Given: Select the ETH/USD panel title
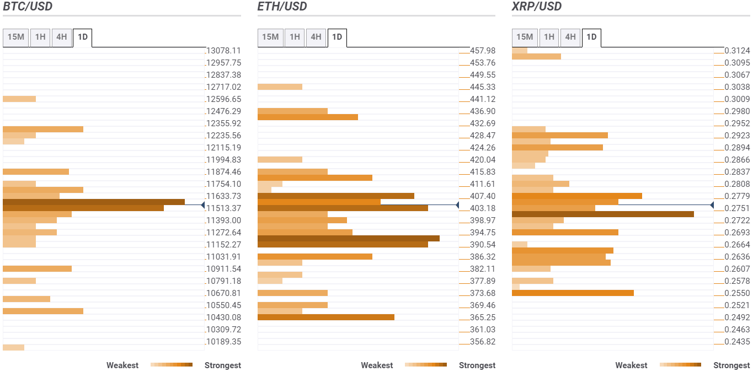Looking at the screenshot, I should [282, 7].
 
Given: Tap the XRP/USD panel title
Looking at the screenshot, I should [537, 7].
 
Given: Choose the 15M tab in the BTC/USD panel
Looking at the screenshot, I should [15, 37].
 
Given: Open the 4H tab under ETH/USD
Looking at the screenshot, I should [316, 37].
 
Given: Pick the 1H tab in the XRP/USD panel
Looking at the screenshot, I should [549, 37].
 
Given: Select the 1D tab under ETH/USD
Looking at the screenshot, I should [337, 37].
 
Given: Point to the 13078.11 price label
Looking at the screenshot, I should [223, 51].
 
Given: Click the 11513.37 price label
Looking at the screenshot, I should [223, 208].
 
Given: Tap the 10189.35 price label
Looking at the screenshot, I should [223, 342].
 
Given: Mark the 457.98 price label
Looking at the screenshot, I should [482, 51].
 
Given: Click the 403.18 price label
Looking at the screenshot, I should [482, 208].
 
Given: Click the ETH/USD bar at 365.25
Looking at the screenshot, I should [325, 317].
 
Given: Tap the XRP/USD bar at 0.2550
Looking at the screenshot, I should [573, 293].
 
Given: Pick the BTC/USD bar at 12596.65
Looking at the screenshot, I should [19, 99].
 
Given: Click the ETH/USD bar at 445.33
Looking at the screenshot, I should [280, 87].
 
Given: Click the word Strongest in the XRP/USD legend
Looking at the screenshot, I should [731, 365].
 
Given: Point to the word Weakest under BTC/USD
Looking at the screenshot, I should [122, 365].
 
